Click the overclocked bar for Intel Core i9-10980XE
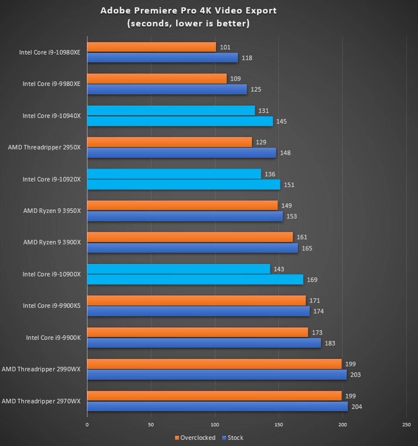click(x=152, y=47)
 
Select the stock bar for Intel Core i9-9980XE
click(x=167, y=89)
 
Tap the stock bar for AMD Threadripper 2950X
click(x=181, y=153)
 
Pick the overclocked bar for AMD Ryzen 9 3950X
click(x=182, y=205)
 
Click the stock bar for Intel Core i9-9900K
click(x=204, y=343)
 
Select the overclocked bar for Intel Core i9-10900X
click(x=179, y=269)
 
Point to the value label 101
click(x=225, y=47)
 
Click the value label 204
click(x=357, y=407)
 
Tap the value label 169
click(x=312, y=280)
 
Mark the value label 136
click(x=270, y=174)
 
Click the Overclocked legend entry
click(x=195, y=438)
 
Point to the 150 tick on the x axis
click(x=279, y=425)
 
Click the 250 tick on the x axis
click(x=406, y=425)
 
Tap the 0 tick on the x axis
click(x=87, y=425)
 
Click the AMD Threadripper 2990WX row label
click(x=41, y=369)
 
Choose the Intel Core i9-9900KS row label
click(x=51, y=306)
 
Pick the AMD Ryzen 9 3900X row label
click(x=52, y=242)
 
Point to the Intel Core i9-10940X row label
click(x=51, y=116)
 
